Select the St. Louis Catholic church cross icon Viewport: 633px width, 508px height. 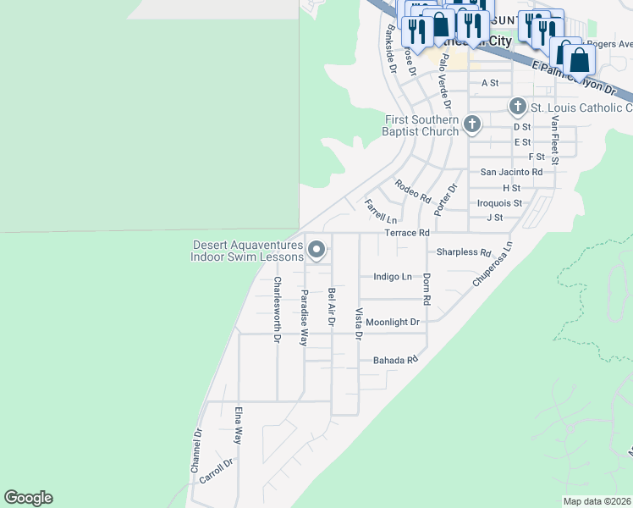click(x=518, y=108)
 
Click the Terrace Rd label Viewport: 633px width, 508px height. click(x=407, y=233)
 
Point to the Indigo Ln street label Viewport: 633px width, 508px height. click(x=392, y=277)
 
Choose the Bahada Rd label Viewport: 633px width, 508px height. click(x=396, y=361)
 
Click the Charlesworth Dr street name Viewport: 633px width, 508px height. click(x=277, y=310)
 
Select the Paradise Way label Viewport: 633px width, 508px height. click(x=303, y=317)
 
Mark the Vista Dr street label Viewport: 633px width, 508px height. click(x=358, y=324)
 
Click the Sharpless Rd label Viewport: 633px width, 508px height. click(x=464, y=252)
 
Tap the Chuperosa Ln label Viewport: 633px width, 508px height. click(x=493, y=264)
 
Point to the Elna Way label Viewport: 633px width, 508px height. click(x=238, y=426)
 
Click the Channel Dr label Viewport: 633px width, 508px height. click(x=196, y=451)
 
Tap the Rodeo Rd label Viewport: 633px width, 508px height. click(x=412, y=190)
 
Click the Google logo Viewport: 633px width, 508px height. click(x=29, y=498)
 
